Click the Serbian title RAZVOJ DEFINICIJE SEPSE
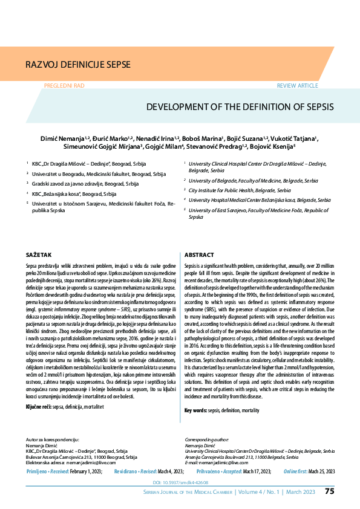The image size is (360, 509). pyautogui.click(x=77, y=63)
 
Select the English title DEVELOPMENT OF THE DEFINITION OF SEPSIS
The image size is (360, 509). pyautogui.click(x=240, y=107)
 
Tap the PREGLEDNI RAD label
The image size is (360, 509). pyautogui.click(x=65, y=86)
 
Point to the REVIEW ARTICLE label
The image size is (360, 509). pyautogui.click(x=297, y=86)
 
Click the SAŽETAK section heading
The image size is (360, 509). pyautogui.click(x=38, y=255)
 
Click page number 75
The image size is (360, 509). pyautogui.click(x=329, y=491)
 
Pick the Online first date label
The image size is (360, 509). pyautogui.click(x=299, y=470)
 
